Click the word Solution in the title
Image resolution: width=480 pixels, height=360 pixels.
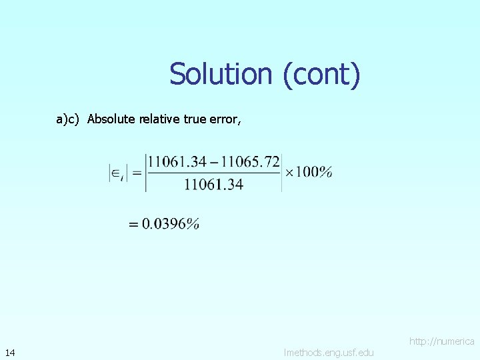coord(219,74)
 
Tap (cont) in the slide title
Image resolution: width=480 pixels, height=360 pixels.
coord(322,74)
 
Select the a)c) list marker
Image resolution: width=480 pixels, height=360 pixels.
coord(67,119)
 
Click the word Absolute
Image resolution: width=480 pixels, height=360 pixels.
coord(111,119)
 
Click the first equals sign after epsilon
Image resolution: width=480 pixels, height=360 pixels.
coord(137,173)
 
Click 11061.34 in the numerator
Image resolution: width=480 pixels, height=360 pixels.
coord(176,162)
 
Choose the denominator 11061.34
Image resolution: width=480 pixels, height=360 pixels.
coord(213,184)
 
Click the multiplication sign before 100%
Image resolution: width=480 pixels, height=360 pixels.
coord(289,173)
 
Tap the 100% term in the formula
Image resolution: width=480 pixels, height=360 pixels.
coord(314,173)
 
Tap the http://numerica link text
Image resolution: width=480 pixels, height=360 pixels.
coord(442,341)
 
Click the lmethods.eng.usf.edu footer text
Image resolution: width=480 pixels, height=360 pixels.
coord(329,352)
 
